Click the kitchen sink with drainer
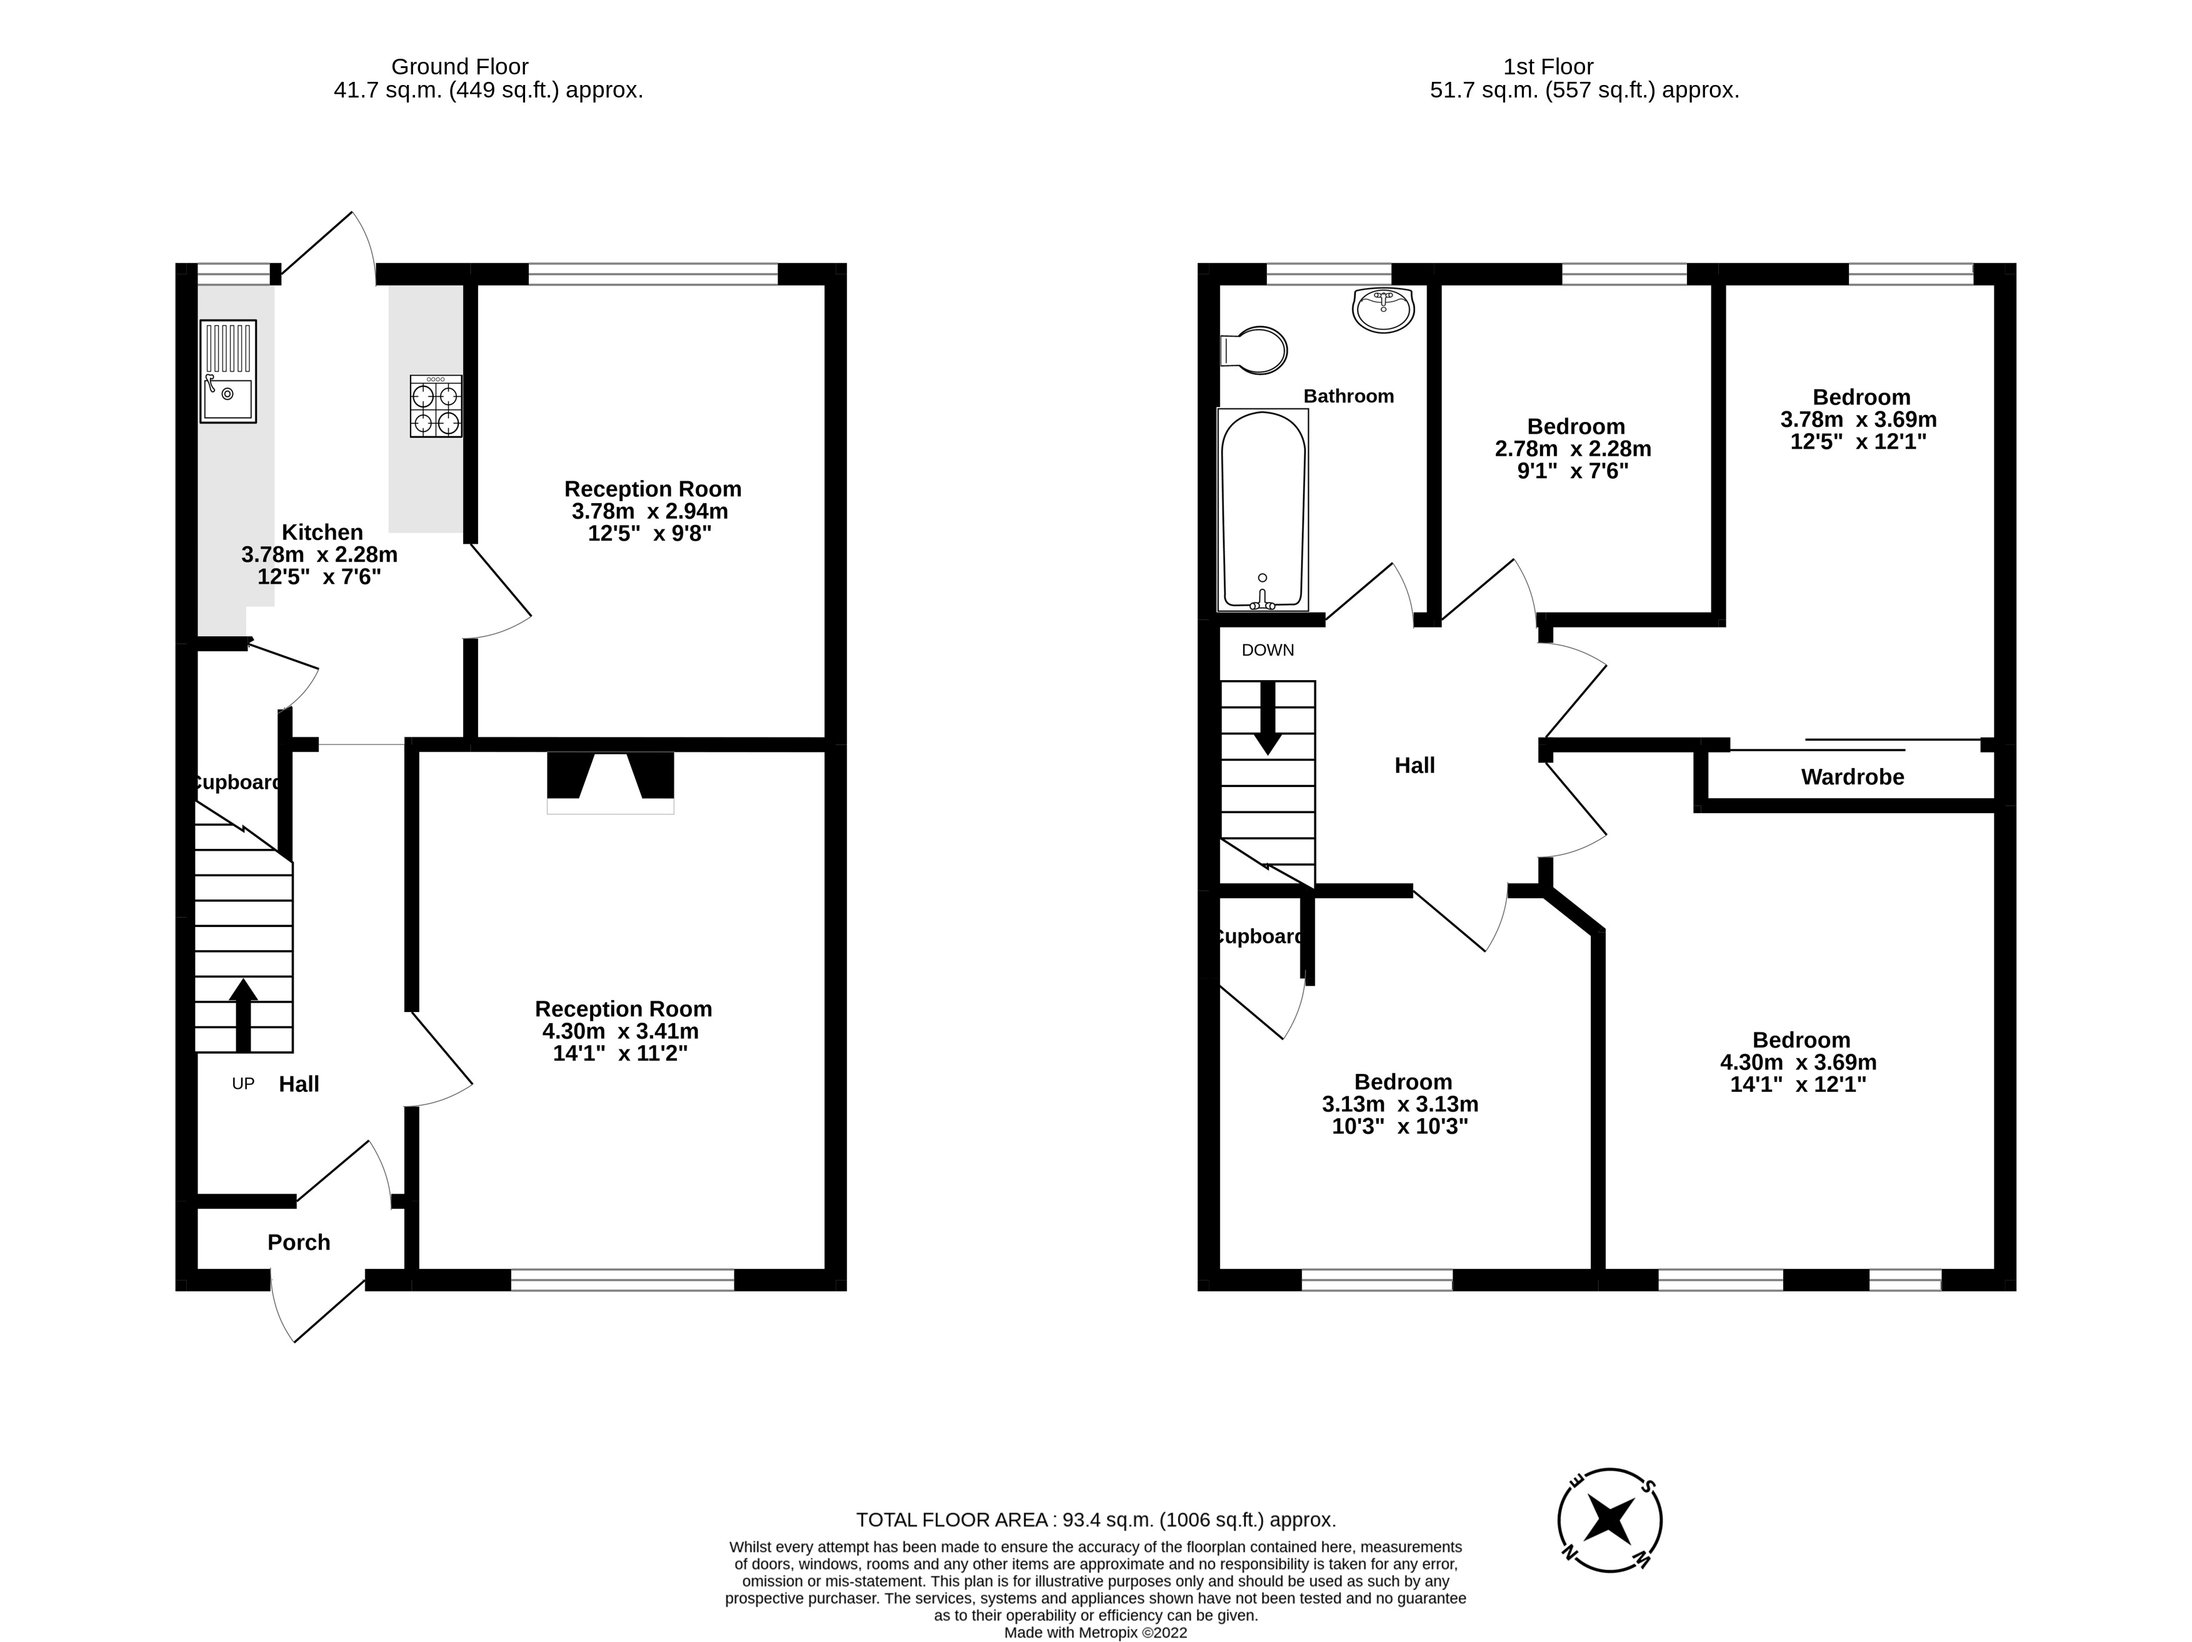[228, 371]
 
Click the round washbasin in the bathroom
[1383, 310]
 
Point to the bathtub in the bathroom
[1263, 510]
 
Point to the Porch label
[298, 1243]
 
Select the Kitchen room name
[322, 532]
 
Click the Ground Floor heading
[460, 66]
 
